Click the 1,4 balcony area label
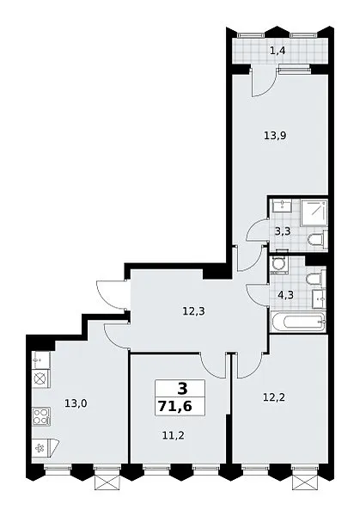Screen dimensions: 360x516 278,51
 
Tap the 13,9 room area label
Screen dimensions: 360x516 275,135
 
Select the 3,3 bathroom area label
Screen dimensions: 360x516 283,231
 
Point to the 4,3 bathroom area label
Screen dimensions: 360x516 285,294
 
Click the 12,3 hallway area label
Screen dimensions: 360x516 193,311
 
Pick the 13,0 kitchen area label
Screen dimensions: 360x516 76,403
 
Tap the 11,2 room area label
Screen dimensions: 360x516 174,435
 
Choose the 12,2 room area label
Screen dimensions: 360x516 274,397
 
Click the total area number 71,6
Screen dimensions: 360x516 175,407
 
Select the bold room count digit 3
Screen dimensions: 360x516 182,389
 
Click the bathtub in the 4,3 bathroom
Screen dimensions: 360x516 298,322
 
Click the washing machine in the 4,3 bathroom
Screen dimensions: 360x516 279,266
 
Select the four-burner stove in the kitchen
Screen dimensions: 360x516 41,416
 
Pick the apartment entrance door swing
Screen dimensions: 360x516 111,295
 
